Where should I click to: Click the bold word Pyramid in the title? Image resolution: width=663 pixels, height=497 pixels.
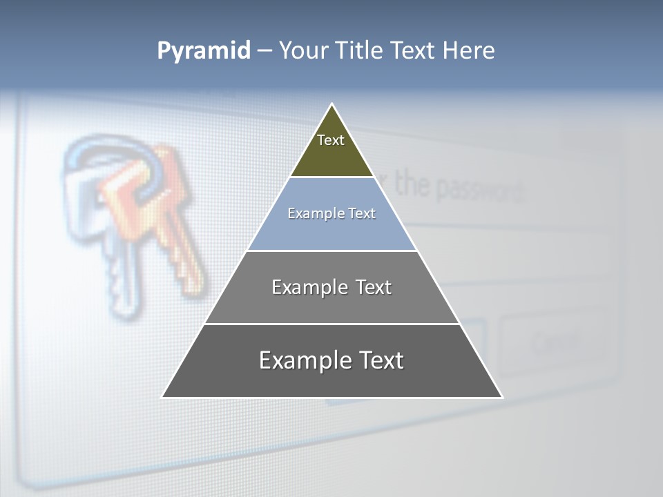(x=204, y=51)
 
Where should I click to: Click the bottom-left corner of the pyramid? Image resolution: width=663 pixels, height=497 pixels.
(x=163, y=396)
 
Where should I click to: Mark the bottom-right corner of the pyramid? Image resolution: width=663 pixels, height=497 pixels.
(x=501, y=396)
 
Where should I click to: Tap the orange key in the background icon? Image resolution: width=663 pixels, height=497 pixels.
(x=173, y=214)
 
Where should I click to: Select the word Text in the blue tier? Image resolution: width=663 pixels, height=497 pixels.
(x=362, y=213)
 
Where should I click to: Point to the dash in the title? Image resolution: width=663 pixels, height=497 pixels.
(x=265, y=51)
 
